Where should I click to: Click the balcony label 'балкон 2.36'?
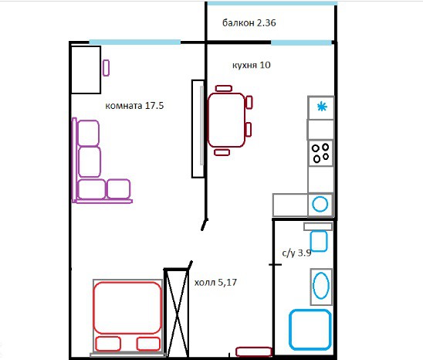tap(249, 23)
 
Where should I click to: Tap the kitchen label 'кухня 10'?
tap(252, 65)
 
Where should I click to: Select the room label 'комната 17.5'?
tap(134, 105)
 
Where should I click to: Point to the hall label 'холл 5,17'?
tap(215, 283)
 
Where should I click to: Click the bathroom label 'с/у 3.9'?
tap(296, 253)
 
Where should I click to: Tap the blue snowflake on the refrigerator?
tap(322, 107)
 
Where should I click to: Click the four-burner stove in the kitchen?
tap(320, 153)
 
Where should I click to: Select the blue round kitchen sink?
tap(320, 204)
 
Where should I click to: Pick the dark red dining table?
tap(227, 120)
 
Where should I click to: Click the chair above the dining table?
tap(224, 88)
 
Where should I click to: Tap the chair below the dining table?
tap(222, 152)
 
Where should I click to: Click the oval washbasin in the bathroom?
tap(321, 286)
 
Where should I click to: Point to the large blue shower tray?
tap(310, 329)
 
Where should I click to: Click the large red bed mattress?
tap(127, 308)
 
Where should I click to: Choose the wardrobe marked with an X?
tap(177, 313)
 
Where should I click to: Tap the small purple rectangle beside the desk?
tap(106, 68)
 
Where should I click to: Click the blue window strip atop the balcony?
tap(272, 3)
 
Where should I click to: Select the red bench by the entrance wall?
tap(254, 352)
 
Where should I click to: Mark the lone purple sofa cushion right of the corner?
tap(119, 188)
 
